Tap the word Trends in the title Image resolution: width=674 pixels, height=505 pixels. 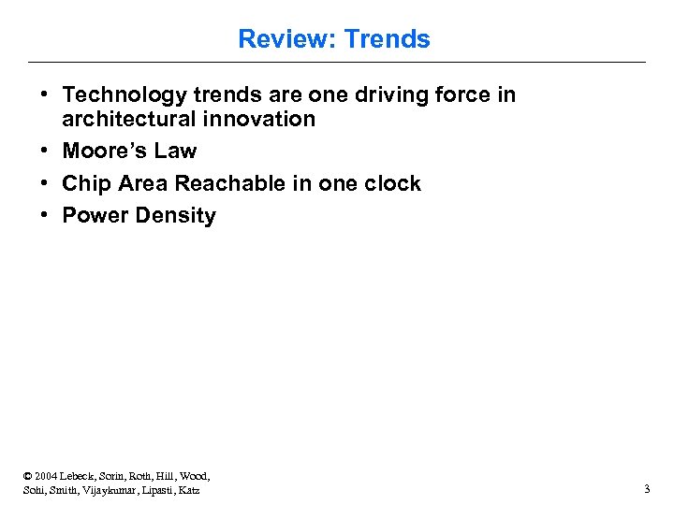(x=388, y=39)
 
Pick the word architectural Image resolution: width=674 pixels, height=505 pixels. (x=129, y=119)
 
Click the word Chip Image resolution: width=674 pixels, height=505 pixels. (x=85, y=183)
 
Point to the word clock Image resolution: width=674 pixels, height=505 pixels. (x=392, y=183)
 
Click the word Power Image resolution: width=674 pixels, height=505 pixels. (x=95, y=215)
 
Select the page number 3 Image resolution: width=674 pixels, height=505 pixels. (x=646, y=489)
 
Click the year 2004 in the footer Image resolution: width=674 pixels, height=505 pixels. (x=48, y=476)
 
